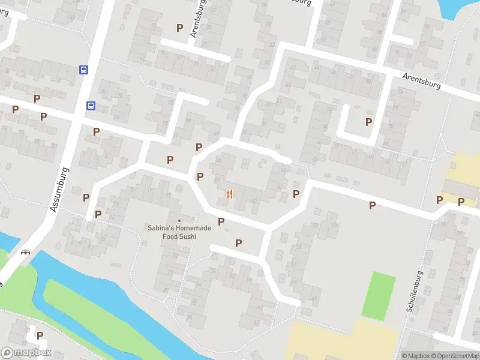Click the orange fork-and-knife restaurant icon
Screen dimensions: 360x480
coord(229,194)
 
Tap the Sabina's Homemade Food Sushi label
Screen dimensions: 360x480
coord(172,232)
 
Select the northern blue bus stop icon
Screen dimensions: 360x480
coord(83,70)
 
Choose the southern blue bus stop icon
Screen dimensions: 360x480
coord(91,106)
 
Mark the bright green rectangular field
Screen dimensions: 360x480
coord(379,295)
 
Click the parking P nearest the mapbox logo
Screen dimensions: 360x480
coord(40,335)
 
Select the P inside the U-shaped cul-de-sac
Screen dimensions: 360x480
coord(368,122)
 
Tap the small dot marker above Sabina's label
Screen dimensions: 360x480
coord(179,221)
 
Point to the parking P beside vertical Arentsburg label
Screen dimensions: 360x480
coord(179,28)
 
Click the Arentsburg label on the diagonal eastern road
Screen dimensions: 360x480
coord(421,82)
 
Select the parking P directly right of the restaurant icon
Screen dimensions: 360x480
coord(296,194)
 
